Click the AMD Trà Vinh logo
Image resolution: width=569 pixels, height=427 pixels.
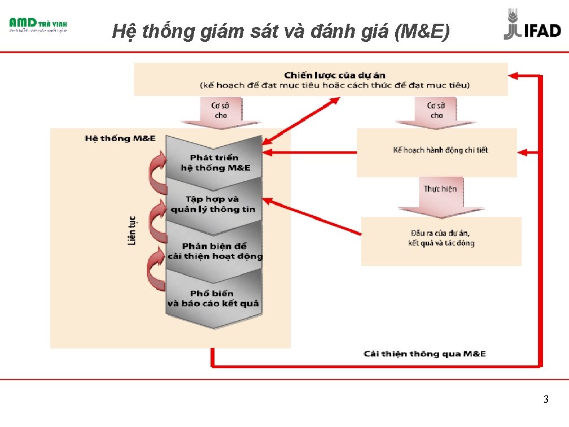[38, 25]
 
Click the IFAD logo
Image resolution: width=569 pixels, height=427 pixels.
[532, 25]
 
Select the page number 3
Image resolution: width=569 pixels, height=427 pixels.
[545, 400]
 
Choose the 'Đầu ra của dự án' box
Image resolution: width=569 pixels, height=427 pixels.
[441, 238]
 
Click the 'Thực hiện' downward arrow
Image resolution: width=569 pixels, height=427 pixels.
[440, 195]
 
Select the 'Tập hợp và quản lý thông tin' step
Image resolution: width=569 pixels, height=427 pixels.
[213, 204]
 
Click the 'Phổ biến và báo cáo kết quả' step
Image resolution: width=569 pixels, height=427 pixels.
[213, 298]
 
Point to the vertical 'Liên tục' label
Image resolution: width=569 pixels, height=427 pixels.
[132, 230]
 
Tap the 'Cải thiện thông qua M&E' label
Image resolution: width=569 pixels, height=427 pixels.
[424, 354]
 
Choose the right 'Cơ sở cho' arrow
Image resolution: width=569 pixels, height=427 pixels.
[436, 111]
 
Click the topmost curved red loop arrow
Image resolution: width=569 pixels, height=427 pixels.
[157, 169]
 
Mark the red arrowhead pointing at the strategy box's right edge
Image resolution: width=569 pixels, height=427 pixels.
[515, 75]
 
